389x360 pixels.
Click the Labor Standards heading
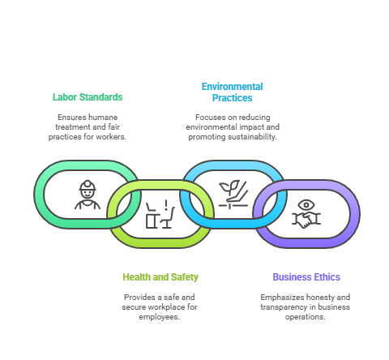pyautogui.click(x=88, y=97)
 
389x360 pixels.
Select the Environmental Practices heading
pyautogui.click(x=233, y=92)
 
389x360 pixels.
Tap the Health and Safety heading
pyautogui.click(x=160, y=277)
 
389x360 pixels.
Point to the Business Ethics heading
pyautogui.click(x=306, y=277)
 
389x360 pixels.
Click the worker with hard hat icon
pyautogui.click(x=88, y=195)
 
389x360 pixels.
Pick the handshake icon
pyautogui.click(x=306, y=220)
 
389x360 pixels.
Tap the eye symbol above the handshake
pyautogui.click(x=306, y=204)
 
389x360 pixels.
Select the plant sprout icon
pyautogui.click(x=229, y=187)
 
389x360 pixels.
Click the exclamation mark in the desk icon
pyautogui.click(x=166, y=205)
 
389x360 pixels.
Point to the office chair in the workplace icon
pyautogui.click(x=168, y=218)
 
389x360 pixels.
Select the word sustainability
pyautogui.click(x=252, y=137)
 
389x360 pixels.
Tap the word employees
pyautogui.click(x=160, y=317)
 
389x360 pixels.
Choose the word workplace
pyautogui.click(x=167, y=307)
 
